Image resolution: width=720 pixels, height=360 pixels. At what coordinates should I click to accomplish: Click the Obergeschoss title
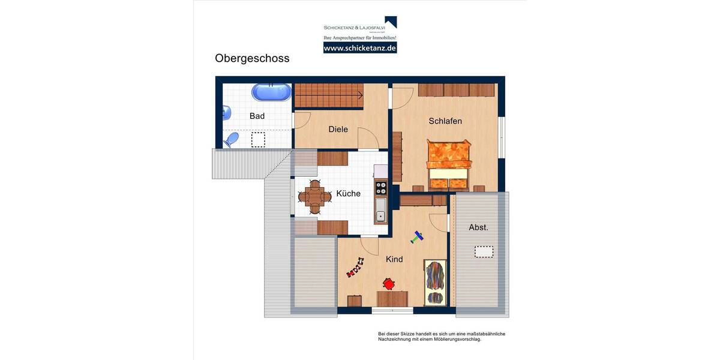[252, 58]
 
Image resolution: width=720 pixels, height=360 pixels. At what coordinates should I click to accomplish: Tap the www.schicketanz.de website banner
[359, 47]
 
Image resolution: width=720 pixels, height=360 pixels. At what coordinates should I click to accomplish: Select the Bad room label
[257, 116]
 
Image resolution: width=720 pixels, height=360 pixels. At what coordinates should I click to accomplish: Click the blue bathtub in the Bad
[271, 92]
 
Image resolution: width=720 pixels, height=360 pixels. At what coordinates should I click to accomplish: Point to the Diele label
[338, 129]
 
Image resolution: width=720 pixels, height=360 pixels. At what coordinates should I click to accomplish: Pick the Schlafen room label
[445, 121]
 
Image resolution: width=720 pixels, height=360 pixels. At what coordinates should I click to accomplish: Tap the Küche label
[348, 193]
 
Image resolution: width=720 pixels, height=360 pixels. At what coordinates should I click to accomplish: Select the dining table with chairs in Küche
[314, 196]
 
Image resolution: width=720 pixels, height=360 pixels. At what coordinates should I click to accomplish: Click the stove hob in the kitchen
[380, 188]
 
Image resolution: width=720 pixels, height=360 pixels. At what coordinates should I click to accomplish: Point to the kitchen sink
[380, 209]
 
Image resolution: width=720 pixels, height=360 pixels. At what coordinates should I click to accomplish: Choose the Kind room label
[394, 259]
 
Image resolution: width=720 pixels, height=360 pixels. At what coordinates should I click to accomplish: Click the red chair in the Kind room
[389, 283]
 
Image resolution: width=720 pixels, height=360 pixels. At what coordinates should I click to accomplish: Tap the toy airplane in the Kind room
[417, 238]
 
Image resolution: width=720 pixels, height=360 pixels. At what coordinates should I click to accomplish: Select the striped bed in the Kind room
[435, 281]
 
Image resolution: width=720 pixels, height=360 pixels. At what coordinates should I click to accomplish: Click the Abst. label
[478, 227]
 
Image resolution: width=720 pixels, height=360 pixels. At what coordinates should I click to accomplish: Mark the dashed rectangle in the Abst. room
[484, 251]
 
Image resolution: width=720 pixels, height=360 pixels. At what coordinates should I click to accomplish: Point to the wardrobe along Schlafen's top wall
[457, 90]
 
